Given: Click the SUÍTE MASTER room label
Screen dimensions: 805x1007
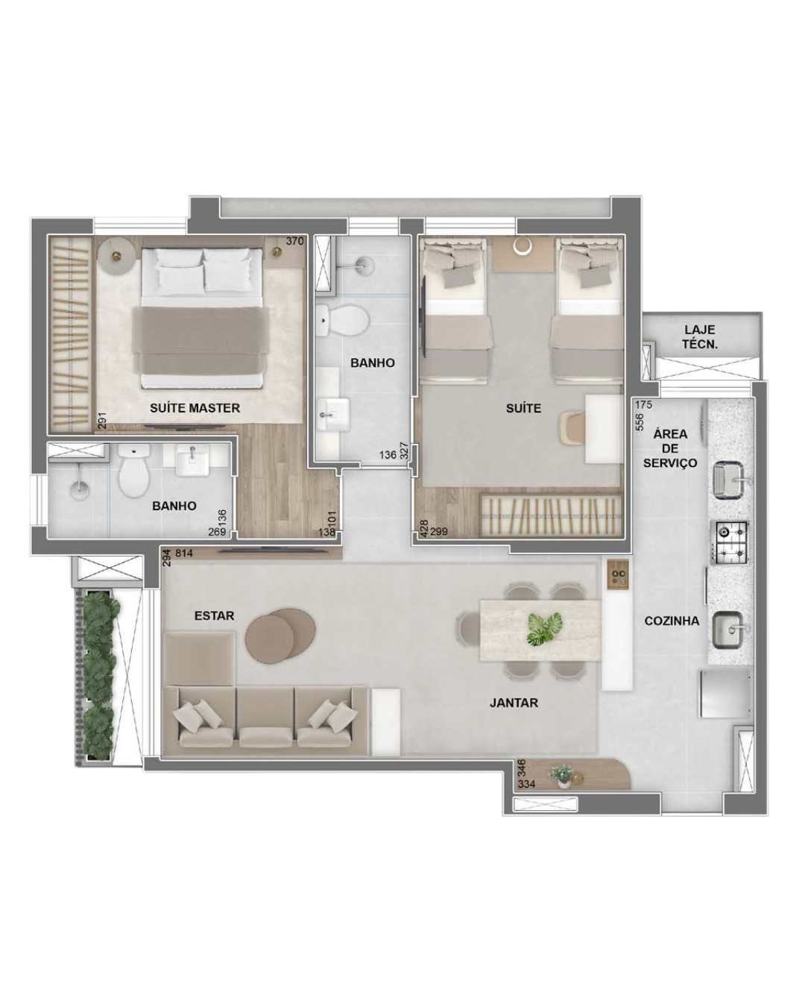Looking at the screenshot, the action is [195, 407].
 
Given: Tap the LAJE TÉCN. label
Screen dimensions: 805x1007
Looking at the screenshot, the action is [700, 337].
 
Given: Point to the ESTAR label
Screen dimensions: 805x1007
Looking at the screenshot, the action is [214, 615].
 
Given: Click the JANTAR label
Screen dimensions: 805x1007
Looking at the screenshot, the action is [514, 703].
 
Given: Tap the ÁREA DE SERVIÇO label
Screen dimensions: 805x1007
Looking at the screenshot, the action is [670, 448].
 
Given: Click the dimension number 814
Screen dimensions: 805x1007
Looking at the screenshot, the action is [184, 553].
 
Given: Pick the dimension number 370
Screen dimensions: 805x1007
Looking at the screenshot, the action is [295, 242].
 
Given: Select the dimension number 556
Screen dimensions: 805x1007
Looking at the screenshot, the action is [640, 421].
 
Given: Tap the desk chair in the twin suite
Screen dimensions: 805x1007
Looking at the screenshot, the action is [573, 427].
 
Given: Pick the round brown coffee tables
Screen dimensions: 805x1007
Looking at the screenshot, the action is [280, 635].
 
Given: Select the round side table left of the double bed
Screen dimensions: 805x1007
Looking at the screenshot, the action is [117, 256].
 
